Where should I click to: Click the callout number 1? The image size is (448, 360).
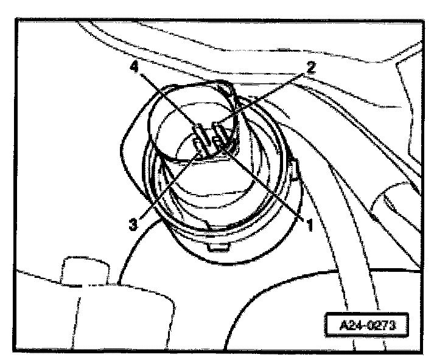(309, 226)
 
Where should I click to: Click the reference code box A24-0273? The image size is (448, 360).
(363, 324)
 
